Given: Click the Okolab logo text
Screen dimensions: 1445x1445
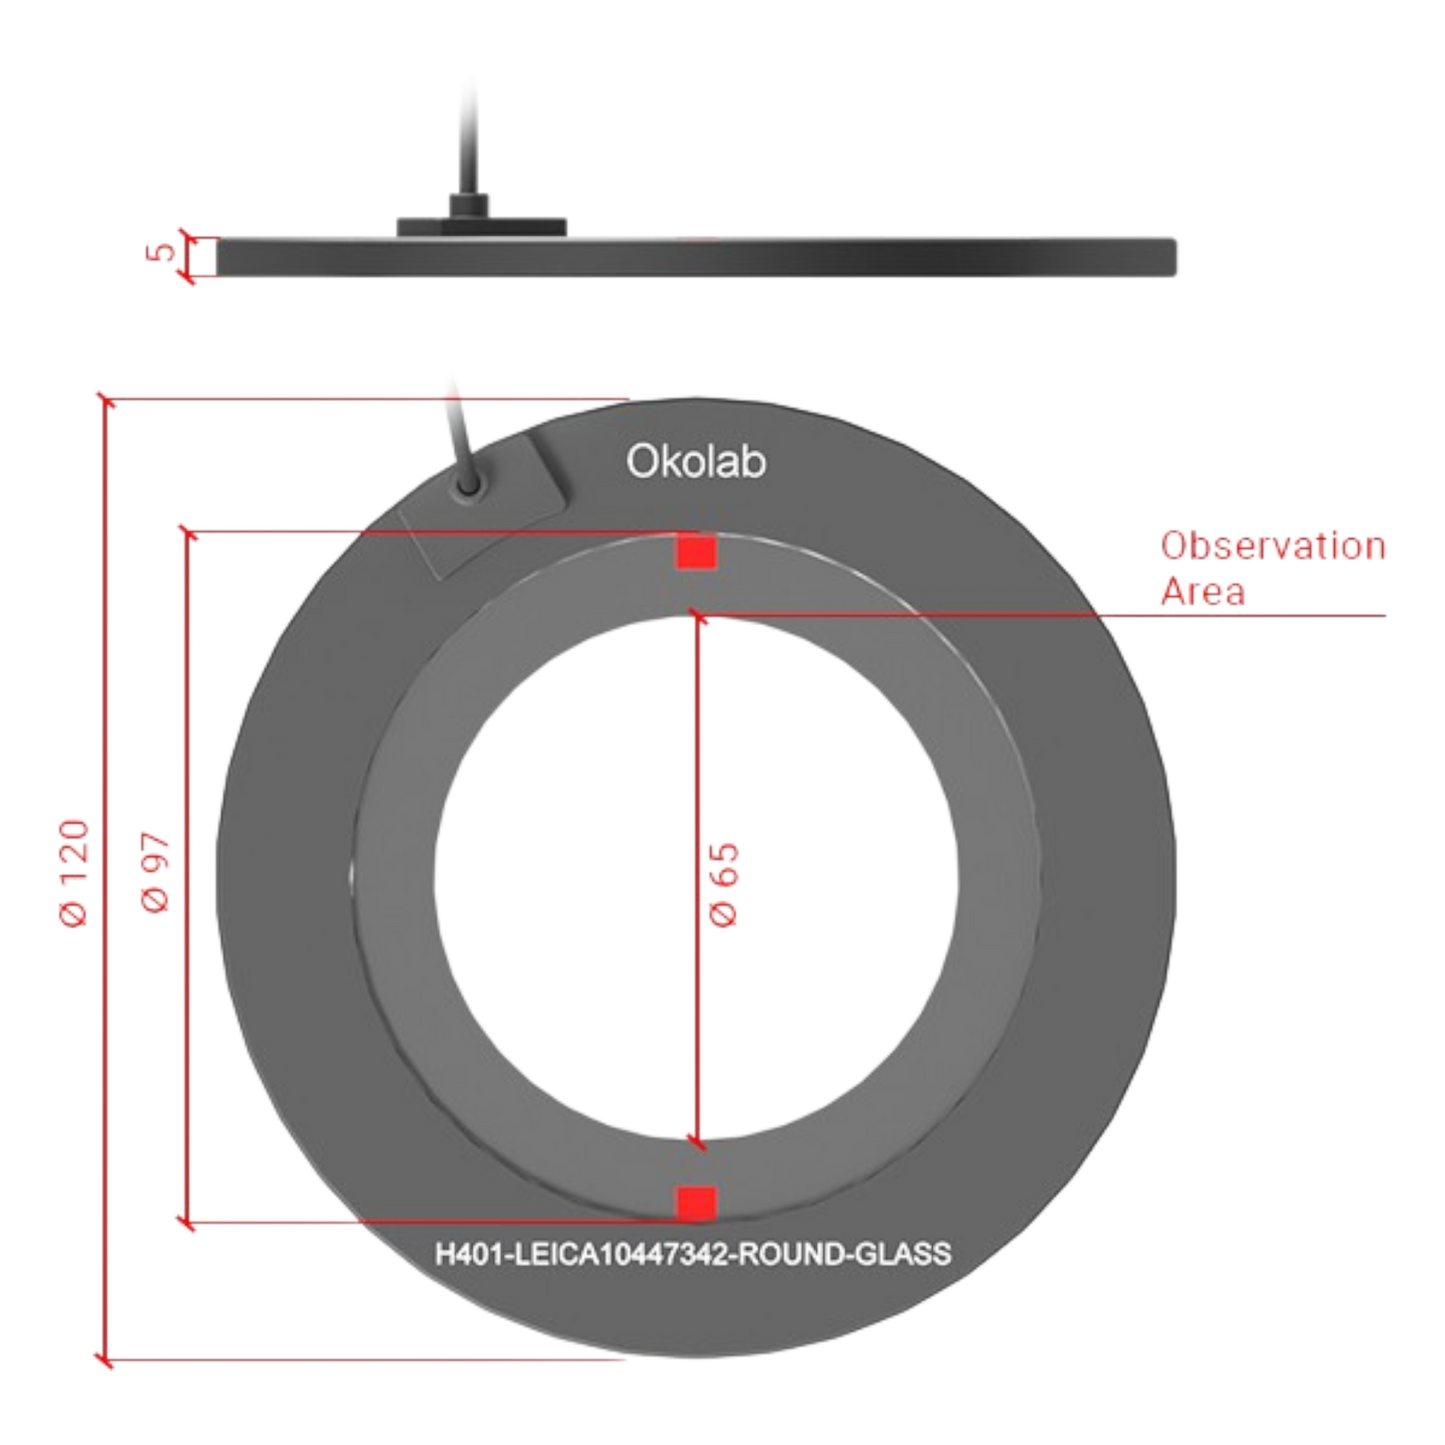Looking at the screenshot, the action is pyautogui.click(x=696, y=460).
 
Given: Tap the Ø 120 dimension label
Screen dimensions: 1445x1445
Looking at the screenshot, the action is pyautogui.click(x=75, y=874).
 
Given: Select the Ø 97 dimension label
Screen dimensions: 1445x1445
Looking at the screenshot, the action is pyautogui.click(x=156, y=871).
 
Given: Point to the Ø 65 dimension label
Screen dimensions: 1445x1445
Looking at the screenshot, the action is pyautogui.click(x=724, y=885).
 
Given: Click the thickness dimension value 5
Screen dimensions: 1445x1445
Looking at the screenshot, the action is pyautogui.click(x=160, y=251).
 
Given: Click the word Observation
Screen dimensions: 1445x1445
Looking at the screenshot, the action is pyautogui.click(x=1273, y=546).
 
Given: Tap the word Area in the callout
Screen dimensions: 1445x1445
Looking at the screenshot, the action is pyautogui.click(x=1203, y=592).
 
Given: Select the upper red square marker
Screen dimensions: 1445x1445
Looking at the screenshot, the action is pyautogui.click(x=697, y=552).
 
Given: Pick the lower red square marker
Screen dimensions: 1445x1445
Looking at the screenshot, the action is pyautogui.click(x=697, y=1203).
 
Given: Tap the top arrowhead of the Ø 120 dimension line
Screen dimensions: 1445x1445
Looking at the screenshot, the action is pyautogui.click(x=106, y=400).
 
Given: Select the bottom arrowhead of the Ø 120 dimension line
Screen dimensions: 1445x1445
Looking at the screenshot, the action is pyautogui.click(x=106, y=1360).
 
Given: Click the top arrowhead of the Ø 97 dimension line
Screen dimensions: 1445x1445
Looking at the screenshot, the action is pyautogui.click(x=187, y=533).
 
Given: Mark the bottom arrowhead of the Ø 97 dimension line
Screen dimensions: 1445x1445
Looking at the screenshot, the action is pyautogui.click(x=187, y=1223).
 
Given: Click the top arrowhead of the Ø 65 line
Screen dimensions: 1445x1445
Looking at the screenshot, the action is pyautogui.click(x=697, y=616).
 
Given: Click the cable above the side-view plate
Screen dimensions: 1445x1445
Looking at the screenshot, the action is pyautogui.click(x=471, y=135).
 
